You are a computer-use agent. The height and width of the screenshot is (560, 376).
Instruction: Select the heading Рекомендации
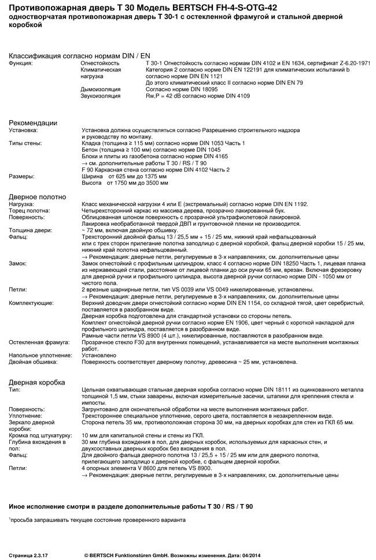click(x=33, y=122)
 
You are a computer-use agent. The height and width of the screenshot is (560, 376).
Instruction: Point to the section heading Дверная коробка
click(x=36, y=382)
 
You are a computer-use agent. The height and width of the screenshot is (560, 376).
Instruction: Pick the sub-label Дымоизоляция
click(x=100, y=89)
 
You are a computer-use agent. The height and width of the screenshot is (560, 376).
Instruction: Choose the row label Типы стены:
click(x=23, y=143)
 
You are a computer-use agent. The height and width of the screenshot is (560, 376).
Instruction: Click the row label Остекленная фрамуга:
click(x=38, y=342)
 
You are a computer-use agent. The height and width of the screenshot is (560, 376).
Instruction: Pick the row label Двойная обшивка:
click(x=33, y=362)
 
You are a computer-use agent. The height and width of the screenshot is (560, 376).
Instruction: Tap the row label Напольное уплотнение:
click(x=39, y=355)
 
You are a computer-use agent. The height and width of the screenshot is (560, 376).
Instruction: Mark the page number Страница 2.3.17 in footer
click(x=28, y=554)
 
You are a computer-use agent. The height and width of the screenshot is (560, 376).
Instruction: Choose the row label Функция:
click(x=21, y=62)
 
